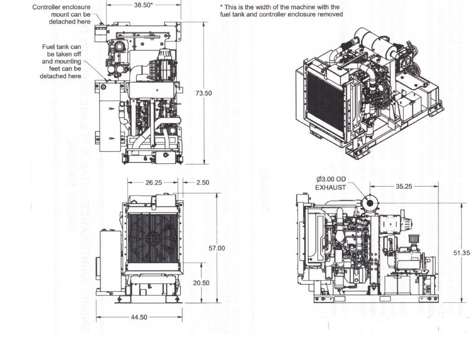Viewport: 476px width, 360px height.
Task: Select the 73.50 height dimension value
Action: point(203,93)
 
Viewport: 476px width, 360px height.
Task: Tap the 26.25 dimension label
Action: point(153,182)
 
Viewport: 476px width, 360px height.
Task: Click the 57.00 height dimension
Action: point(217,248)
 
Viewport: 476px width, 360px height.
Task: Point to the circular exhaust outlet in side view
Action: point(370,202)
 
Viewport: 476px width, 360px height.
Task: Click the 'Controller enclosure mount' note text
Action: point(61,14)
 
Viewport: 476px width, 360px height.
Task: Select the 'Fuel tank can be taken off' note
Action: point(61,61)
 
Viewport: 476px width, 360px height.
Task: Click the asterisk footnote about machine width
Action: point(281,11)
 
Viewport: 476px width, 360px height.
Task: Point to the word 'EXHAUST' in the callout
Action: point(331,187)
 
